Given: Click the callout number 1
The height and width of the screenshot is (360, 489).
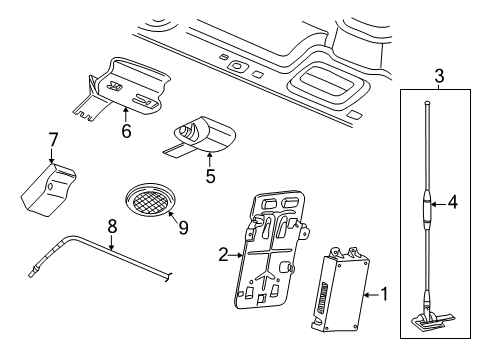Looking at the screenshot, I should tap(379, 295).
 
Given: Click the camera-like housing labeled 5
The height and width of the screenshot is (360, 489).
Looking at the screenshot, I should tap(203, 134).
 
